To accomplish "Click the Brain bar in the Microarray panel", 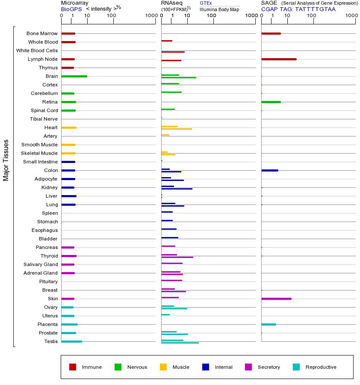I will click(x=74, y=76).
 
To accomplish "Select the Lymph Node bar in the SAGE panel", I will click(x=279, y=59).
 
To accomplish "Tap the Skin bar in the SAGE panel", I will click(x=276, y=299).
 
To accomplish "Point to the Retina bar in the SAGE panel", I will click(x=271, y=102).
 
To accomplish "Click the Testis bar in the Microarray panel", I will click(x=71, y=341).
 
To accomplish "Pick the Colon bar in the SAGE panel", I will click(x=270, y=170).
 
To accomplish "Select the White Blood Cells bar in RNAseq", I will click(x=173, y=52).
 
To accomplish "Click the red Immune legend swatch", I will click(x=73, y=367).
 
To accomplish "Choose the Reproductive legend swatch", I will click(x=296, y=367).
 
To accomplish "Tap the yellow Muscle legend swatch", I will click(x=163, y=367).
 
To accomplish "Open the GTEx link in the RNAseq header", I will click(x=206, y=3).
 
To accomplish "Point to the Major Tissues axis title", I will click(x=6, y=160).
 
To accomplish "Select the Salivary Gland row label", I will click(x=41, y=264).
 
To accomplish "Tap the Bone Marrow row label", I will click(x=42, y=33).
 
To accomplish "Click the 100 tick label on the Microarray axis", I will click(x=112, y=16).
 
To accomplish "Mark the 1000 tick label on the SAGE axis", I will click(x=351, y=16).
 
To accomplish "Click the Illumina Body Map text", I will click(x=219, y=9).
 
